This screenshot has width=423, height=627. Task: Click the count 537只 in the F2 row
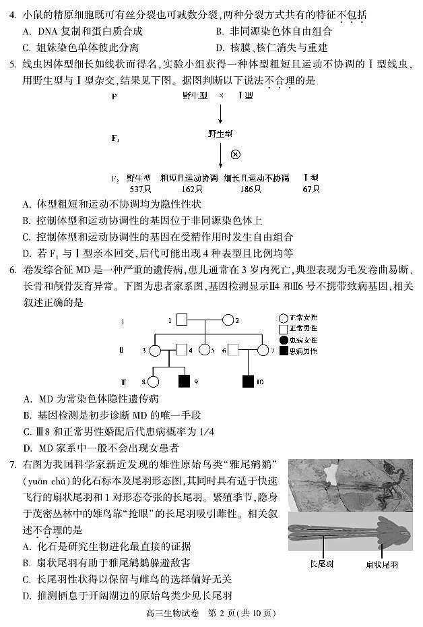[x=139, y=189]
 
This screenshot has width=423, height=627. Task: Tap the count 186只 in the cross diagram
[x=251, y=189]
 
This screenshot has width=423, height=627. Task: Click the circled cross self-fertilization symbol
[x=236, y=154]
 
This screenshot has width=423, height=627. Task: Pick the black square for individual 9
[x=183, y=381]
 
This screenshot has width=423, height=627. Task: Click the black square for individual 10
[x=248, y=381]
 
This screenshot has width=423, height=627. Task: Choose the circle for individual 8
[x=154, y=381]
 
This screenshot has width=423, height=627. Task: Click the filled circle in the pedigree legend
[x=283, y=340]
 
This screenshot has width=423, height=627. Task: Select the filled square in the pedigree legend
[x=283, y=351]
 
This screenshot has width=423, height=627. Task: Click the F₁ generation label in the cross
[x=115, y=138]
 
